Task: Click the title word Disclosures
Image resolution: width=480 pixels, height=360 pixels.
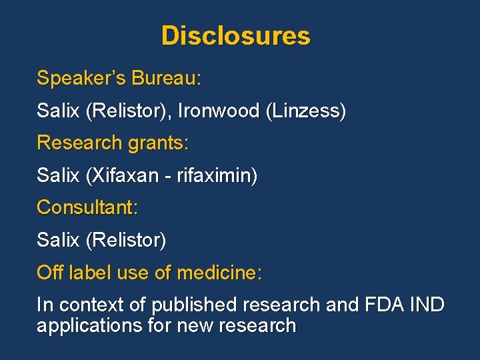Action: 235,35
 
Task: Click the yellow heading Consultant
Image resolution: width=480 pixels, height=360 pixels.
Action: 87,208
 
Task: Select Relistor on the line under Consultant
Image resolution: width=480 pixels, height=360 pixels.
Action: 126,240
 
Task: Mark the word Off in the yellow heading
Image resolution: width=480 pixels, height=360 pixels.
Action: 50,273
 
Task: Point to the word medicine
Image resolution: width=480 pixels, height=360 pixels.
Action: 219,273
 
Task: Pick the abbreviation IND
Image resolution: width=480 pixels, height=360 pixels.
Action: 427,305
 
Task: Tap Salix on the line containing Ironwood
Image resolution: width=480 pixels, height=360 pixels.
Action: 58,111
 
